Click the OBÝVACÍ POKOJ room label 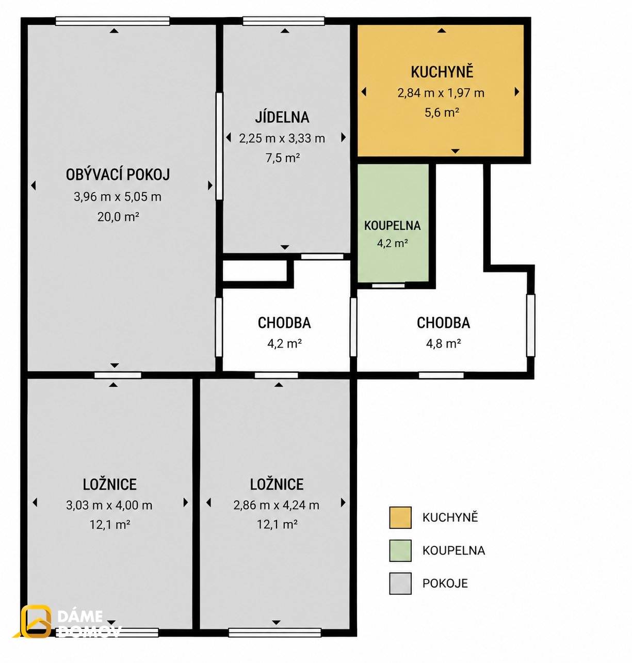[118, 175]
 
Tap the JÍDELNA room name [282, 117]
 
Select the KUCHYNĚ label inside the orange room [442, 72]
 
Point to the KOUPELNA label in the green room [392, 226]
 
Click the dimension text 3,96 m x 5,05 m [118, 197]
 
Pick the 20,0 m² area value [118, 216]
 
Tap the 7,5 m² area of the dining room [283, 157]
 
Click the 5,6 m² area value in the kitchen [442, 112]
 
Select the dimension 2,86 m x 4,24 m [277, 505]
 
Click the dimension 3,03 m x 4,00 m [109, 505]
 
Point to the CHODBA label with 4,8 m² [443, 323]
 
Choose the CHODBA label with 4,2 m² [284, 323]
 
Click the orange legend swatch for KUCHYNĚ [400, 517]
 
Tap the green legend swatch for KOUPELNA [400, 551]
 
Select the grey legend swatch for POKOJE [400, 583]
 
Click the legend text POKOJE [445, 583]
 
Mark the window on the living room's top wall [112, 21]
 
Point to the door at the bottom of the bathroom [388, 286]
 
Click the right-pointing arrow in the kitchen [517, 92]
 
